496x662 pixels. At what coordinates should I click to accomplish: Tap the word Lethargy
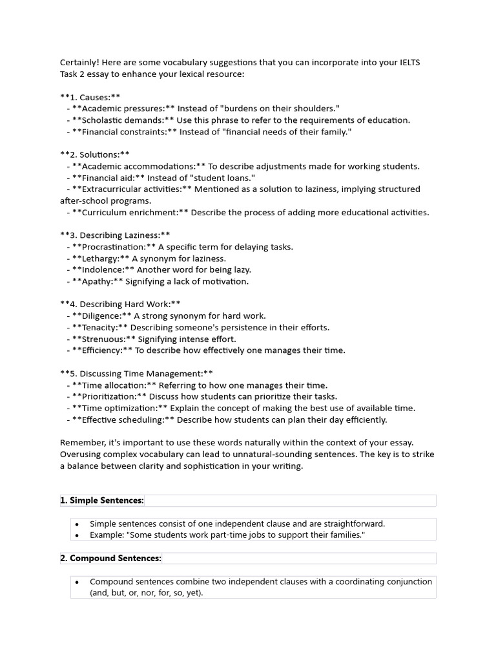click(x=101, y=259)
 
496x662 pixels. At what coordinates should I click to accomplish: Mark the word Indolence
click(x=103, y=270)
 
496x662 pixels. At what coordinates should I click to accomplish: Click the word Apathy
click(x=98, y=281)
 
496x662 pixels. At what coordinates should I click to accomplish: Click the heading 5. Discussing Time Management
click(x=136, y=374)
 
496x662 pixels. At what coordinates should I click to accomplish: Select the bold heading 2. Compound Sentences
click(x=110, y=558)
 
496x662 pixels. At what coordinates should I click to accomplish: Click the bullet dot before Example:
click(x=77, y=535)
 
